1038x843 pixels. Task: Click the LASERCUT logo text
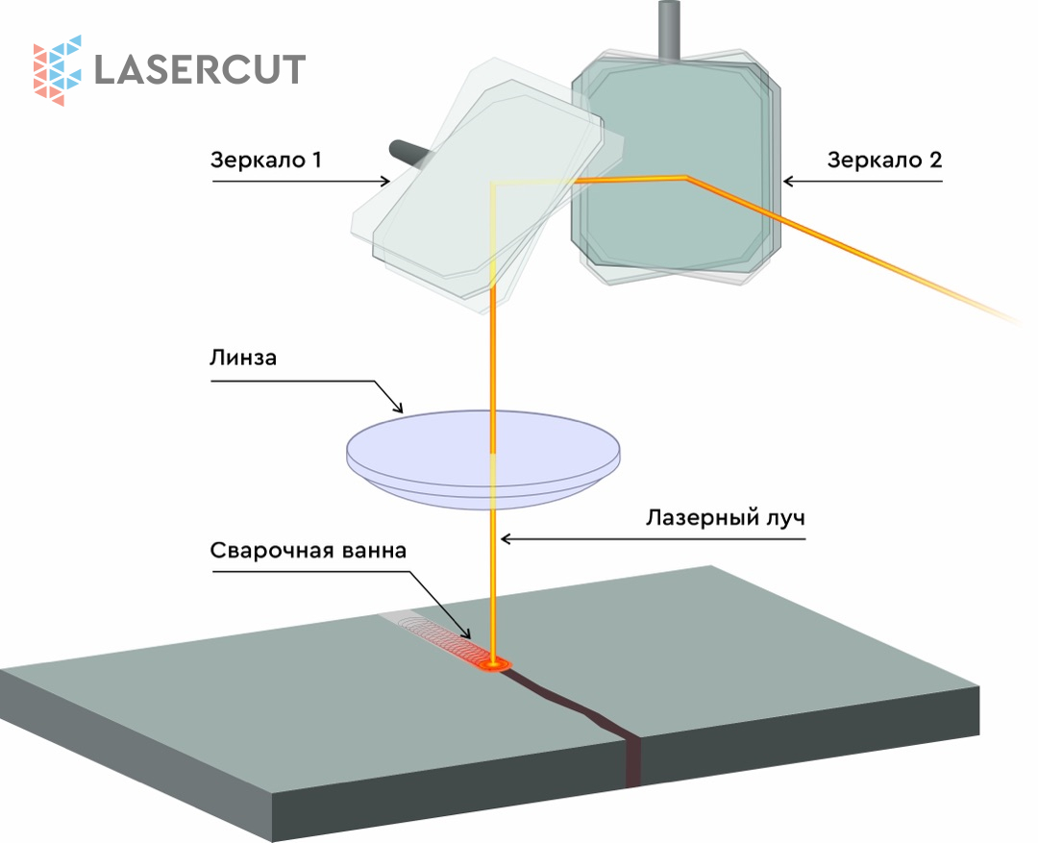click(200, 69)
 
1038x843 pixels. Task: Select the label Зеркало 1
click(266, 161)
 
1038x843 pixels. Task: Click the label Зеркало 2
click(884, 161)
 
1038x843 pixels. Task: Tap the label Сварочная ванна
click(309, 552)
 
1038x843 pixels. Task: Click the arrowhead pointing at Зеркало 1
click(384, 180)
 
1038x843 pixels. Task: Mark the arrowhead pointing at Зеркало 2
click(788, 180)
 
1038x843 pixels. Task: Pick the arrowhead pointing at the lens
click(400, 408)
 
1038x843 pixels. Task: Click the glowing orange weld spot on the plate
click(497, 662)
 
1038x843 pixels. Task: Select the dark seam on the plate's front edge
click(633, 763)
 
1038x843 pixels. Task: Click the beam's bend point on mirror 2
click(684, 177)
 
